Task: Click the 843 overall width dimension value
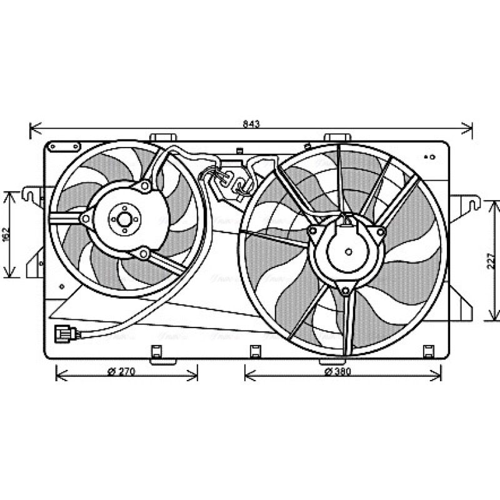251,123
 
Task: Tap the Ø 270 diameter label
121,371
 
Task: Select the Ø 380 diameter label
337,371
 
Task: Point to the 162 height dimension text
7,234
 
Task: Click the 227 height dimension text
491,261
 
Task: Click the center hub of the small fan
124,219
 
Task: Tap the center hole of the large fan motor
349,252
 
